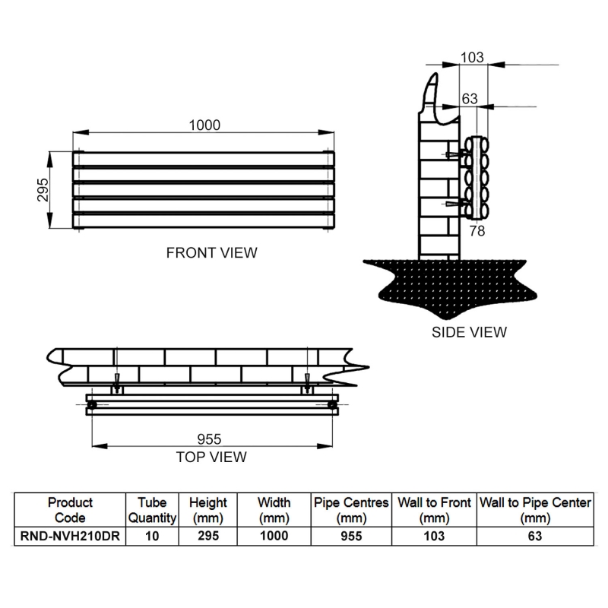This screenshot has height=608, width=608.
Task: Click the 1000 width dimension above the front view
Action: [x=204, y=125]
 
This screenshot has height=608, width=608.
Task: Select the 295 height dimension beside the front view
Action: [x=43, y=191]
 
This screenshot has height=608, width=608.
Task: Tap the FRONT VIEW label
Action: [x=211, y=252]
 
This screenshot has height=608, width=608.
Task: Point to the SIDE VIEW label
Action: [x=469, y=331]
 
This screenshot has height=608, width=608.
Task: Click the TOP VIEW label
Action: [x=211, y=457]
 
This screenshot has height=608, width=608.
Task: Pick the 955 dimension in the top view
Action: [x=209, y=440]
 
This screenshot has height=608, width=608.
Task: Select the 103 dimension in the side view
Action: [x=472, y=57]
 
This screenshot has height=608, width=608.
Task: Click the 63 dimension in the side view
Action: [x=470, y=98]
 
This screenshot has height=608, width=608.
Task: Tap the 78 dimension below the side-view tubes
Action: [x=477, y=230]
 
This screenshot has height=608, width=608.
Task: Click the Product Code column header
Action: [x=70, y=510]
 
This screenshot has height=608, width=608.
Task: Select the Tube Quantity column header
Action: [x=152, y=510]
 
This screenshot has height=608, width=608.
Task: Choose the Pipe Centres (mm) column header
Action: [x=350, y=510]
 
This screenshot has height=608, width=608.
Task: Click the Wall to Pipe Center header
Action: [x=535, y=510]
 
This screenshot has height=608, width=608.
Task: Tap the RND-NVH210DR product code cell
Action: [x=70, y=535]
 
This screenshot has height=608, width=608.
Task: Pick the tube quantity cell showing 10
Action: [x=152, y=535]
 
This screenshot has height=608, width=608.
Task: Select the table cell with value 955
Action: [x=350, y=535]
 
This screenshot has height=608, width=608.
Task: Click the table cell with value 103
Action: [x=433, y=535]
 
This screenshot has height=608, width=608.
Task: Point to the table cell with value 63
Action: [x=535, y=535]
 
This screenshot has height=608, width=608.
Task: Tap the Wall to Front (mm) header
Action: [x=433, y=510]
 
